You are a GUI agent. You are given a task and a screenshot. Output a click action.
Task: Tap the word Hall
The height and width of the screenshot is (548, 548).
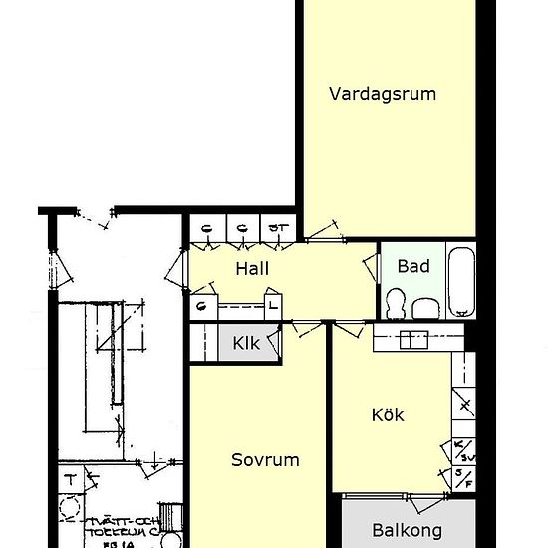click(252, 268)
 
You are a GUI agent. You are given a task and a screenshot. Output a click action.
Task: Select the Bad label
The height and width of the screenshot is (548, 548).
click(412, 266)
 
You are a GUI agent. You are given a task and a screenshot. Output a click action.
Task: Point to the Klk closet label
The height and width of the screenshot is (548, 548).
click(245, 344)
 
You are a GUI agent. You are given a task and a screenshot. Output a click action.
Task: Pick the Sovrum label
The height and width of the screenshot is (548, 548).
click(265, 460)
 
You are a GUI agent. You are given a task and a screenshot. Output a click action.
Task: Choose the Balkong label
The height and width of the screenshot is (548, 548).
click(407, 531)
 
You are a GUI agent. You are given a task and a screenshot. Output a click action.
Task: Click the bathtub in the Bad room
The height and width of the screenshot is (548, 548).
click(462, 281)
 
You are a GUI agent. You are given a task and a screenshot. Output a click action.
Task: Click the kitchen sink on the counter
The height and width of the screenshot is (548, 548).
click(411, 340)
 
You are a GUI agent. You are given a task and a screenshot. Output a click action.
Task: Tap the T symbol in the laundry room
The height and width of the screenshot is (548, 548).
click(70, 480)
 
